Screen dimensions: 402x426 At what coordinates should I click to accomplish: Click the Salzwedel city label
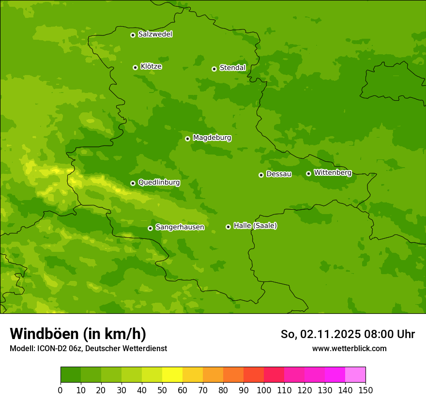[155, 34]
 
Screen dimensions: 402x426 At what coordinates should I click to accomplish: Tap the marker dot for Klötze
[135, 67]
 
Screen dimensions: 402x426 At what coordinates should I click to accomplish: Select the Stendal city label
[232, 68]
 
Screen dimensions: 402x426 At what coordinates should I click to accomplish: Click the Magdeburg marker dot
[187, 139]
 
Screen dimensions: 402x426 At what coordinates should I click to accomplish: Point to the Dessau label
[279, 174]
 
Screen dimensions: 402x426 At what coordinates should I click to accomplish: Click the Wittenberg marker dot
[308, 173]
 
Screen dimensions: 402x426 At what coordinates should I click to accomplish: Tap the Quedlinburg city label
[159, 183]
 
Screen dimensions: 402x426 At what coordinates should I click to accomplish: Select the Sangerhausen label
[180, 227]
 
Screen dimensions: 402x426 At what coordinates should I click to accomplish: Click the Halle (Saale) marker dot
[228, 227]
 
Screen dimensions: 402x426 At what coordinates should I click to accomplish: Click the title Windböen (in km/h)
[78, 334]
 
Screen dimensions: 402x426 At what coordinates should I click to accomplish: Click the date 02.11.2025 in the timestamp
[330, 334]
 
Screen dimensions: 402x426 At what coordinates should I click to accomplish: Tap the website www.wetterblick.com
[349, 348]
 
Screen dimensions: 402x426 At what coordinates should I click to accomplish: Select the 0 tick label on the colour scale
[61, 390]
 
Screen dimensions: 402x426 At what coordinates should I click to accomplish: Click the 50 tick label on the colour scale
[162, 390]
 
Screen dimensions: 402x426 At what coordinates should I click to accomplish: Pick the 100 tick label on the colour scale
[264, 390]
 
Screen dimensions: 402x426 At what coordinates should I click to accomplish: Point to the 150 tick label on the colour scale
[365, 390]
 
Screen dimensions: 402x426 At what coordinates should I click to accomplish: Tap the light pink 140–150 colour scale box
[355, 375]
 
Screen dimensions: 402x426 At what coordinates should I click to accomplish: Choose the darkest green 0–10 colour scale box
[71, 375]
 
